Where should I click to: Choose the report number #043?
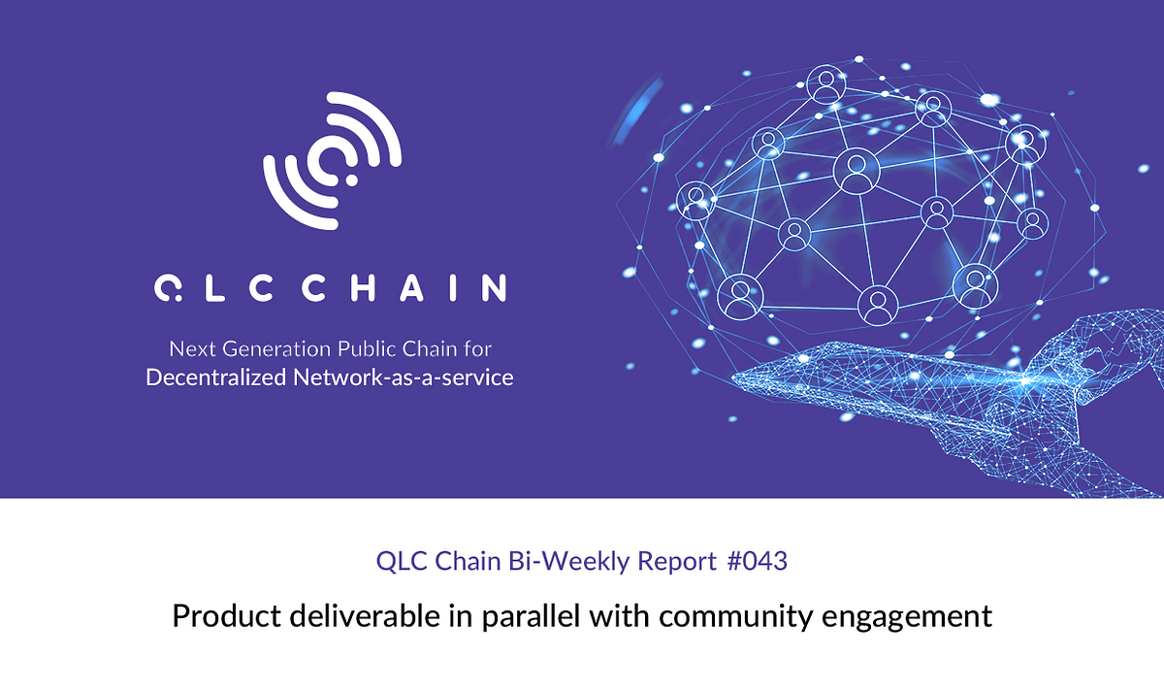757,561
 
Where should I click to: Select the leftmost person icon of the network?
695,198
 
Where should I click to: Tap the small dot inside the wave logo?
350,180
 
